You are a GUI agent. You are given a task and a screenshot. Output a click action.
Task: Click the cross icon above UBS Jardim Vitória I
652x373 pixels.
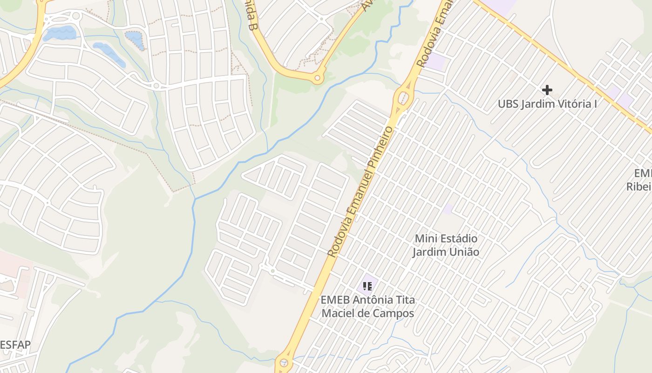tap(547, 90)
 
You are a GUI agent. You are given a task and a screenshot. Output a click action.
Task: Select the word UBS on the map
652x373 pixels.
tap(508, 104)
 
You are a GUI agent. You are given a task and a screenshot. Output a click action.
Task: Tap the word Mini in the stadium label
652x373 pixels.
tap(425, 239)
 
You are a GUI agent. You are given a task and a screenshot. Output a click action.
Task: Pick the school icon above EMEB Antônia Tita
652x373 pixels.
tap(367, 285)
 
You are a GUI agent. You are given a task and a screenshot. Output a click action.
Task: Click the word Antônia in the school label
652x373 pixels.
tap(373, 300)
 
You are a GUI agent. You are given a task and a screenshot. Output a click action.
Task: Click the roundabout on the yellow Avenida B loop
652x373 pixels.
tap(318, 78)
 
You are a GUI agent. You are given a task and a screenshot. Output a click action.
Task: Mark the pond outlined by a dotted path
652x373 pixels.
tap(135, 40)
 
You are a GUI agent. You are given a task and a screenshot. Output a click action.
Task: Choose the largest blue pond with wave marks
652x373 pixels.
tap(60, 33)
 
